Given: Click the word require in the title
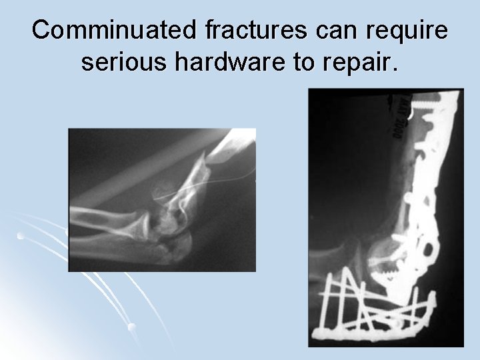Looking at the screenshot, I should [x=407, y=31].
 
